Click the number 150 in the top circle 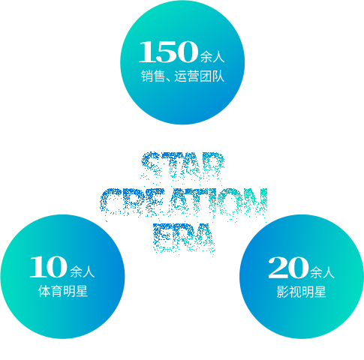(168, 52)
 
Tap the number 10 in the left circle (49, 267)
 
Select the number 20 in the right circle (288, 268)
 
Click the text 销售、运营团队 (182, 76)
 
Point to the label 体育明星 (63, 291)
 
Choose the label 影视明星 (301, 292)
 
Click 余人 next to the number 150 (212, 56)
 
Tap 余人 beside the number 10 (83, 271)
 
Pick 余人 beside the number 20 (322, 272)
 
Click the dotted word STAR (182, 165)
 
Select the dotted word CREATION (184, 202)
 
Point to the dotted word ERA (184, 238)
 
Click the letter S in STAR (151, 165)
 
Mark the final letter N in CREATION (257, 202)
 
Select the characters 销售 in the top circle (153, 76)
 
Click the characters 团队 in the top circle (212, 76)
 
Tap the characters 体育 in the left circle (50, 291)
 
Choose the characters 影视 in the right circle (289, 292)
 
